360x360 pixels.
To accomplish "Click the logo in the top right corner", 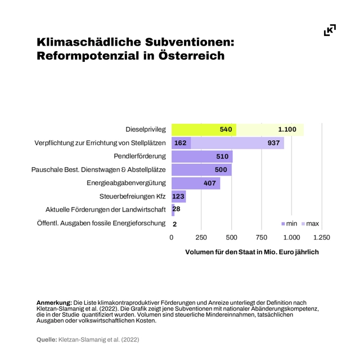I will point(330,30).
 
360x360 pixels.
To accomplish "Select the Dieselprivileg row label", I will point(146,129).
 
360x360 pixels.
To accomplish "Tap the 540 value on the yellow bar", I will point(226,129).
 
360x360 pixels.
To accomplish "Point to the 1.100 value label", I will point(287,129).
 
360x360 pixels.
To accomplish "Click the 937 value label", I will point(274,143).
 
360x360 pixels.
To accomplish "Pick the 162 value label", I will point(180,143).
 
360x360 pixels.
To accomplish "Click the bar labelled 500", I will point(201,170).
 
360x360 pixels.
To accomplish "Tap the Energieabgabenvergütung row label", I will point(126,183).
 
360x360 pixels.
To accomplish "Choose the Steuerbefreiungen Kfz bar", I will point(178,197).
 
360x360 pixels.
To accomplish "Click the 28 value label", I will point(176,210).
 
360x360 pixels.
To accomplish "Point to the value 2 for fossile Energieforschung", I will point(175,224).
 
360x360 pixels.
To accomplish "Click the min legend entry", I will point(289,224).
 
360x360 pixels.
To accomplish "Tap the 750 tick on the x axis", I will point(262,237).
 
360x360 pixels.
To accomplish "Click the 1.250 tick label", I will point(321,237).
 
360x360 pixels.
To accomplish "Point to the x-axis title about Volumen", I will point(252,252).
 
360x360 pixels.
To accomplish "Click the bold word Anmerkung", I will point(55,303).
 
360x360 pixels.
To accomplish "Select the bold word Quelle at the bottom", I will point(46,340).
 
